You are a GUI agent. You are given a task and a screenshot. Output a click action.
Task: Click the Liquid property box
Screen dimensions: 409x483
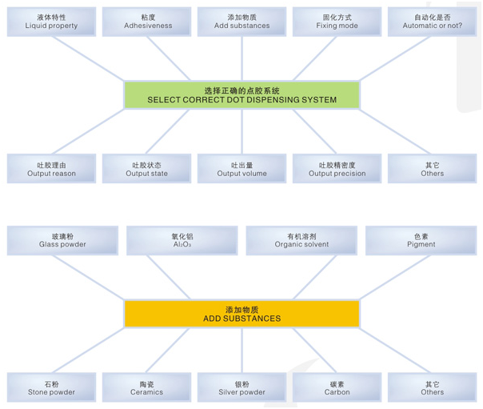point(51,22)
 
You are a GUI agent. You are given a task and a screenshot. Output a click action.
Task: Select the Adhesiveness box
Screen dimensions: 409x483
point(147,22)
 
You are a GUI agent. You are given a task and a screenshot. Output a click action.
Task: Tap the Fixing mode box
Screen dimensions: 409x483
point(337,22)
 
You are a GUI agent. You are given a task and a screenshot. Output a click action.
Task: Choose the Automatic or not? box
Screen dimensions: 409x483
point(432,22)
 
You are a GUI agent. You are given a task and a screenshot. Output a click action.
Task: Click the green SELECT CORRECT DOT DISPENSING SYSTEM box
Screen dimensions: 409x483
point(241,95)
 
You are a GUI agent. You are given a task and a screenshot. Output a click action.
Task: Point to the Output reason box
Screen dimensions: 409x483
point(51,169)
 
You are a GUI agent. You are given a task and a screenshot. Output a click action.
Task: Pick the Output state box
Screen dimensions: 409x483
point(147,169)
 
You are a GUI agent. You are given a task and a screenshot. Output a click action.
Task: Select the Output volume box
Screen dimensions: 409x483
point(241,169)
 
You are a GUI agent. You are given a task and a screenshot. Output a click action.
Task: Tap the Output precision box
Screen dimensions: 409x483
point(337,169)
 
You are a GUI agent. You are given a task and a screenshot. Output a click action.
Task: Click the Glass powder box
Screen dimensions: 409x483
point(62,240)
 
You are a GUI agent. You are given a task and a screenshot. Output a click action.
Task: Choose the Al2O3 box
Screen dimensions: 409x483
point(182,240)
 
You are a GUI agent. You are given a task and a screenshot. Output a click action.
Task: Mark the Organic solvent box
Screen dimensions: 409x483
point(301,240)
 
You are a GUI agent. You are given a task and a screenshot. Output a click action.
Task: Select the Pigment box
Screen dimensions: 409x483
point(421,240)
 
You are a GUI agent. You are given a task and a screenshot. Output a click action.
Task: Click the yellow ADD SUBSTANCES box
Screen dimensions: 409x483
point(241,313)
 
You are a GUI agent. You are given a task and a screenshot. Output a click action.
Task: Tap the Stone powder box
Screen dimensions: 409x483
point(51,387)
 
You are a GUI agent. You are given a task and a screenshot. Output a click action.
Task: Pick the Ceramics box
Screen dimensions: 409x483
point(147,387)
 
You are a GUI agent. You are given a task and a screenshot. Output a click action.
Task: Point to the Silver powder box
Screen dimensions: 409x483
point(241,387)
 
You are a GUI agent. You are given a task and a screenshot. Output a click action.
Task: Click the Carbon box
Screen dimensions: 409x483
point(337,387)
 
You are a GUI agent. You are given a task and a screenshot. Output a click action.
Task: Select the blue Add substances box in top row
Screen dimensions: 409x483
point(241,22)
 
